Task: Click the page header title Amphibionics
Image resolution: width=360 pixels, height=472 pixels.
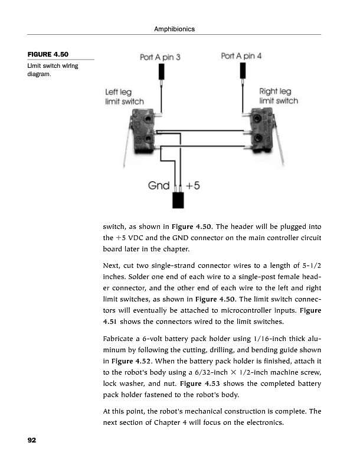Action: (174, 29)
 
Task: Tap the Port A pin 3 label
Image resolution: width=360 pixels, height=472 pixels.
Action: (159, 57)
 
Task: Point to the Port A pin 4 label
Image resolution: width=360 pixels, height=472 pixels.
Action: (241, 57)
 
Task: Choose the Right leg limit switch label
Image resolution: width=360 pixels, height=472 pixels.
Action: (279, 96)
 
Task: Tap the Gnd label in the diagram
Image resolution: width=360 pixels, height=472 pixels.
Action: (159, 185)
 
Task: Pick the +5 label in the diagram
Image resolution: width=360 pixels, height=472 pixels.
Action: (193, 185)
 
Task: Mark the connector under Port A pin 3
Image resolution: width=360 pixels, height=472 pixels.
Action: (160, 72)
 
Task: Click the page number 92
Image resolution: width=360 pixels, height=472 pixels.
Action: (32, 441)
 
